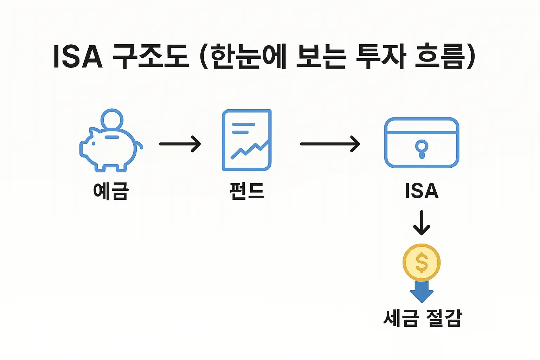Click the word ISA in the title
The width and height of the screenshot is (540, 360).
click(x=78, y=57)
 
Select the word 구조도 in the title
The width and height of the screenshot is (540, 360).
click(x=151, y=57)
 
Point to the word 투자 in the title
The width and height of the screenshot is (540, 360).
click(x=381, y=57)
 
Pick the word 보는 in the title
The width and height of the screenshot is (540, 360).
click(x=321, y=57)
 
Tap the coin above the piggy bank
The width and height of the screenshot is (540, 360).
click(x=112, y=119)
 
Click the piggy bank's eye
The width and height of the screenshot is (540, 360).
click(x=94, y=143)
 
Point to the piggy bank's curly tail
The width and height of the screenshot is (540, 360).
click(x=140, y=145)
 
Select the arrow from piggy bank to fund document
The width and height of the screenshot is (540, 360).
click(x=180, y=144)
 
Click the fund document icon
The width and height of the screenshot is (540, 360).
click(x=247, y=140)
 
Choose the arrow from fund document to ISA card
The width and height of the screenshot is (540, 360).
click(x=330, y=144)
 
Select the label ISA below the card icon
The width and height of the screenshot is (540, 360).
click(x=422, y=191)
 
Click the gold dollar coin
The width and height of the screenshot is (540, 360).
click(x=422, y=263)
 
